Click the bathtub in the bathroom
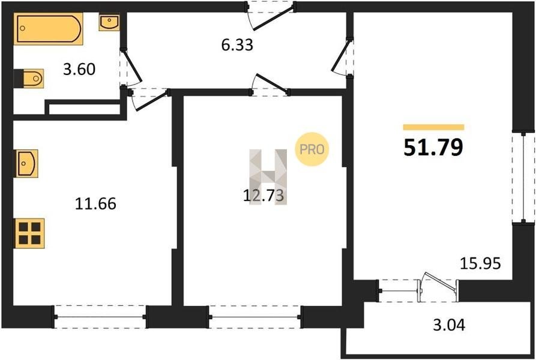tap(49, 29)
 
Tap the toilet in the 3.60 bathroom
tap(29, 78)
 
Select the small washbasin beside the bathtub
tap(109, 22)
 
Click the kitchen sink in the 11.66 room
tap(26, 164)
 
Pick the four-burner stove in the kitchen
tap(29, 233)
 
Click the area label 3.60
tap(79, 70)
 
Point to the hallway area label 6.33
tap(237, 45)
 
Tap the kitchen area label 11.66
tap(95, 203)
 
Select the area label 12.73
tap(263, 196)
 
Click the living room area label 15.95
tap(480, 263)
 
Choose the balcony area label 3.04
tap(449, 325)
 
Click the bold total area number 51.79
tap(433, 147)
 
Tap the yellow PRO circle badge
tap(312, 149)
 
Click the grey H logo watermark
tap(268, 177)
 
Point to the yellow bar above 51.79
tap(434, 127)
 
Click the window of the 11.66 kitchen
tap(100, 317)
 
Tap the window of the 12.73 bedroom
tap(254, 317)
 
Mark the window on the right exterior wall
tap(523, 178)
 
